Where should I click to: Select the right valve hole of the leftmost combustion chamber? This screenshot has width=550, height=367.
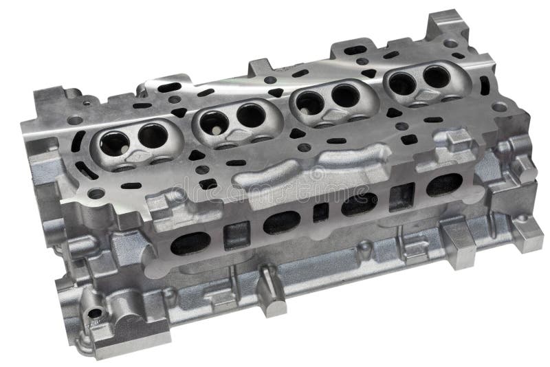(152, 136)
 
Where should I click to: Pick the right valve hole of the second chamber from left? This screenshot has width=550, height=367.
(250, 116)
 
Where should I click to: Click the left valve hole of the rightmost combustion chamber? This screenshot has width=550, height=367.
(402, 83)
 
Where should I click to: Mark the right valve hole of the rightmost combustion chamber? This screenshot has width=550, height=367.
(436, 76)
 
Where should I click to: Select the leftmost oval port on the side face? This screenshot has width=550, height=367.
(190, 243)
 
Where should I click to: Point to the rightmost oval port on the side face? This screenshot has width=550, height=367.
(443, 183)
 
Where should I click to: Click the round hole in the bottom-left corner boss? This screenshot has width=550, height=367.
(94, 313)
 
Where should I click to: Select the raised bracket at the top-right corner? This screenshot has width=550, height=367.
(445, 27)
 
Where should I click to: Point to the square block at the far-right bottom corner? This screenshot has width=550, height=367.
(526, 234)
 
